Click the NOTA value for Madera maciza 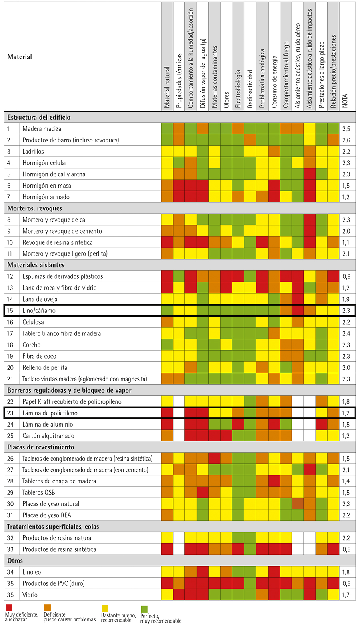coord(346,128)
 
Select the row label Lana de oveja coord(40,299)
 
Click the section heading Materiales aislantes coord(36,265)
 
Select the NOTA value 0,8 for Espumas coord(346,276)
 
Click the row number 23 coord(10,413)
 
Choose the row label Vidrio coord(30,595)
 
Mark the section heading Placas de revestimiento coord(40,447)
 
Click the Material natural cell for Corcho coord(167,345)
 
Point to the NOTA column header coord(345,101)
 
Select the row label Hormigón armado coord(46,197)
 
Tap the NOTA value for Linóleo coord(346,572)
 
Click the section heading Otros coord(15,561)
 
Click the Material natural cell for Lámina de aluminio coord(167,424)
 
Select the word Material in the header coord(20,57)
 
